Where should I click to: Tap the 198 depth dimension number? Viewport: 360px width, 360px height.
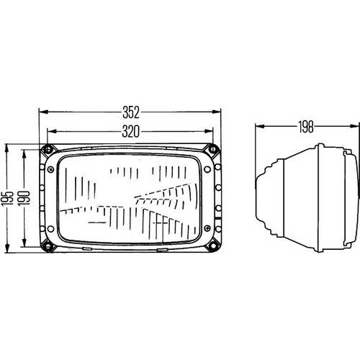point(305,127)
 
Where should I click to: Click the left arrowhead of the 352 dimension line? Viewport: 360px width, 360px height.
point(42,112)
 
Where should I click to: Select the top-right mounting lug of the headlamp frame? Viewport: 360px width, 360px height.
point(212,149)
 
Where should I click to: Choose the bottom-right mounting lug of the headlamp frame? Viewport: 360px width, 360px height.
point(212,246)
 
